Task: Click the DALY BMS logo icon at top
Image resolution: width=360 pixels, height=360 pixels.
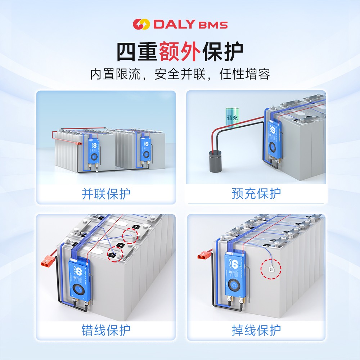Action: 141,24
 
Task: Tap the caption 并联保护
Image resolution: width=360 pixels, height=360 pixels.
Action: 106,194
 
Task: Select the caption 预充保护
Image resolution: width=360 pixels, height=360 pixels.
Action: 256,194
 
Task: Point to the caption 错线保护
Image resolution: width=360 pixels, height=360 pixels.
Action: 106,330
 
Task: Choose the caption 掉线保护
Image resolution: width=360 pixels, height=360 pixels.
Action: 256,330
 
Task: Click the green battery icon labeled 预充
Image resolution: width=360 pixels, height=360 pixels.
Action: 230,117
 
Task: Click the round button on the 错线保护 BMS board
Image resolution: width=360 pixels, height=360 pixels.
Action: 78,289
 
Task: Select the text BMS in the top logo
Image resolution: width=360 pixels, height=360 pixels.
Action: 213,25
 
